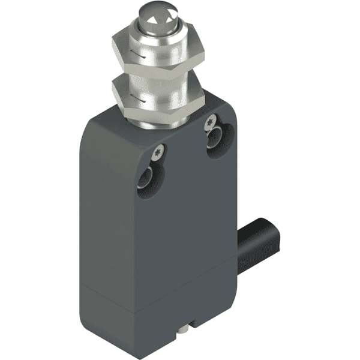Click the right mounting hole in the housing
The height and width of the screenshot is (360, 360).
pyautogui.click(x=215, y=146)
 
